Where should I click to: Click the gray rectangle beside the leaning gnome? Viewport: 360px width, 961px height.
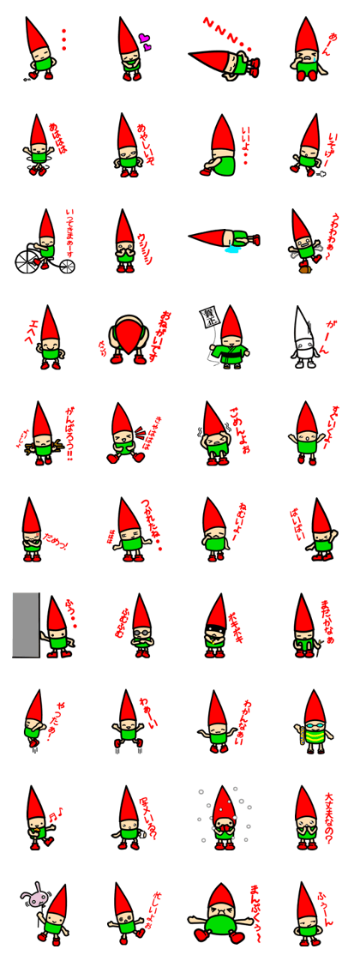[25, 624]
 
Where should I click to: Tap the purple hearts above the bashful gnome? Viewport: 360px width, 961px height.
[145, 41]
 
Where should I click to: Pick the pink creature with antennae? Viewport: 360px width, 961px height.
[36, 898]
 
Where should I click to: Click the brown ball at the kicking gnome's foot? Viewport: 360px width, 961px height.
[305, 268]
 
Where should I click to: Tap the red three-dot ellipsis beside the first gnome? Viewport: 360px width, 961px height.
[63, 39]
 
